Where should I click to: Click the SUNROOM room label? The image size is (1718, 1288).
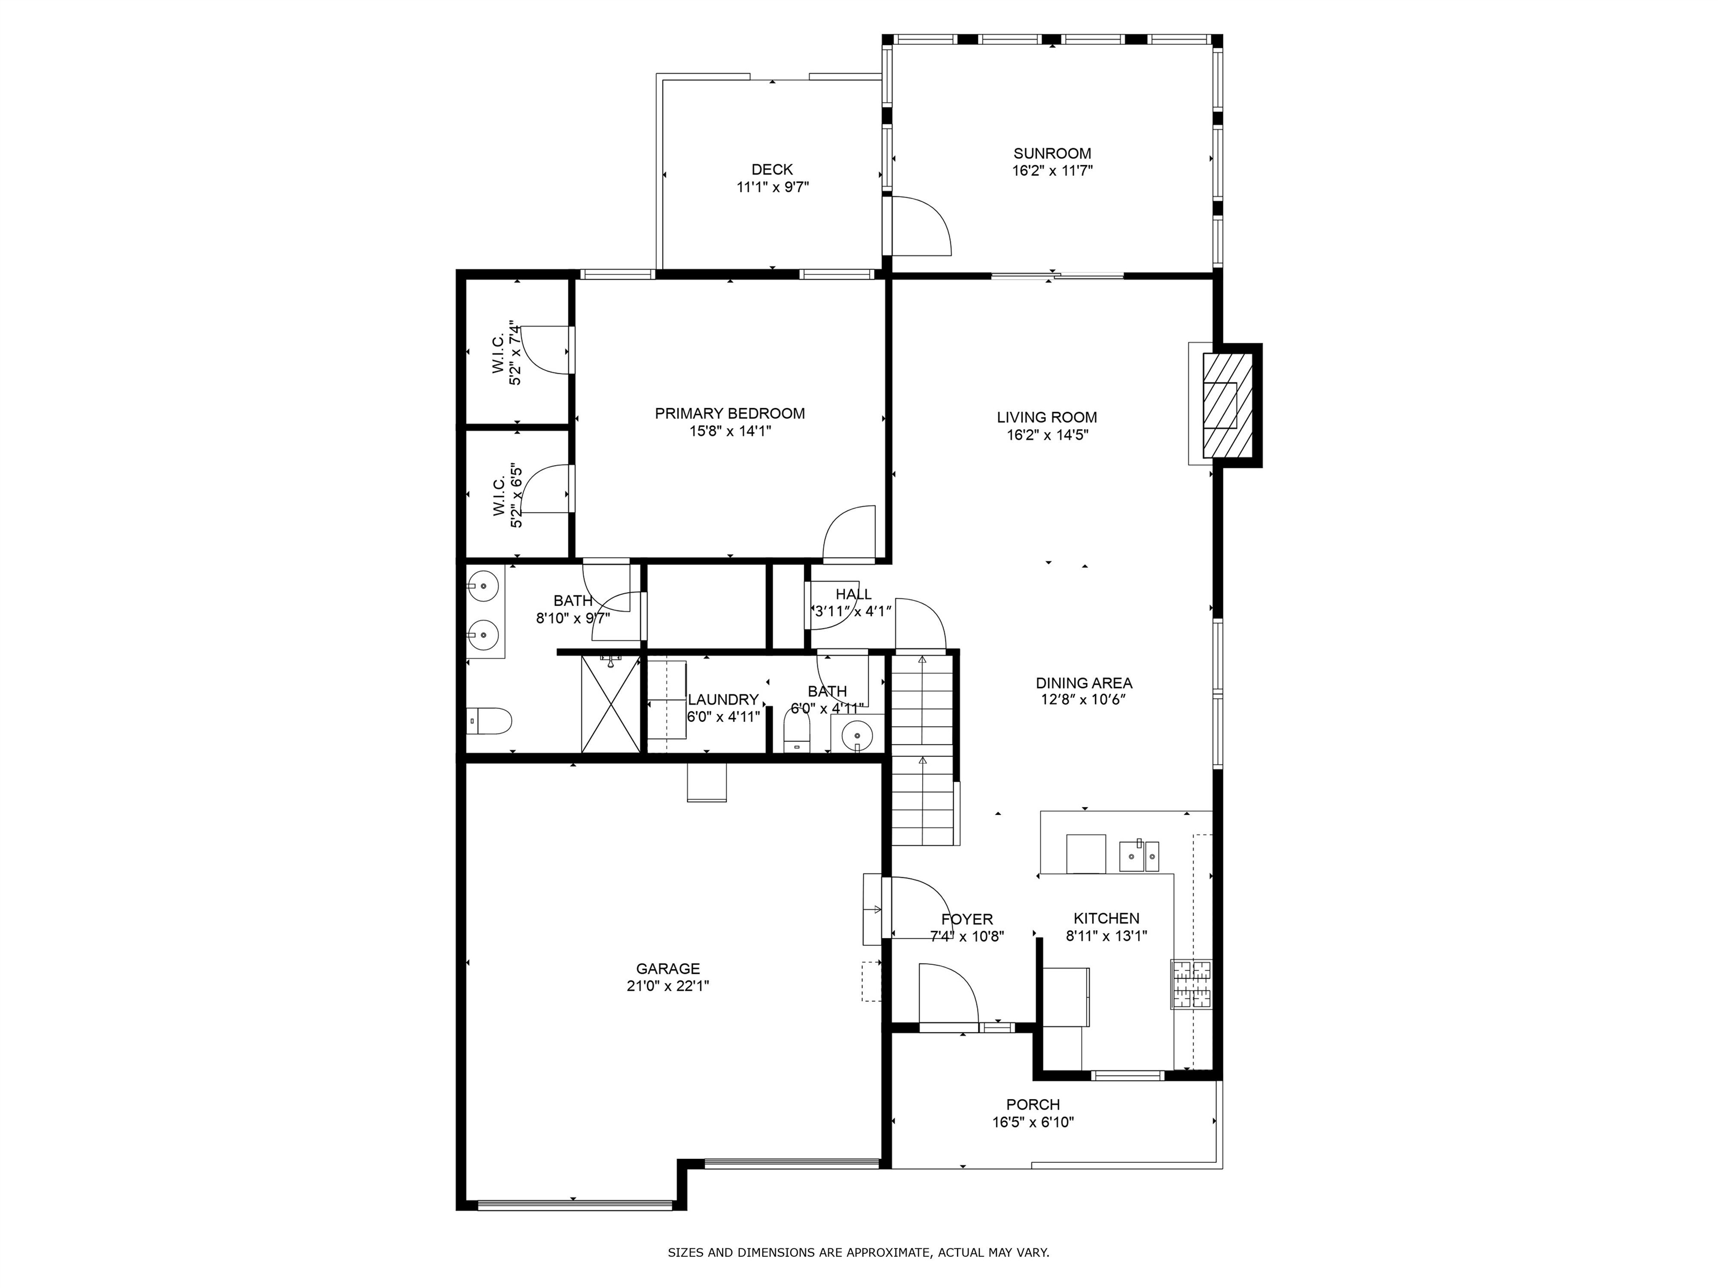[1051, 154]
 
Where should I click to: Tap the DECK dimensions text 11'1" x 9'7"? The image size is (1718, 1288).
[773, 187]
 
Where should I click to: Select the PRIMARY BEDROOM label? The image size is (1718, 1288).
[730, 414]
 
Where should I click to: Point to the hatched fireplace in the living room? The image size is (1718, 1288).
[1227, 405]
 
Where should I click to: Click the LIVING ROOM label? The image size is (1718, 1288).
[1047, 418]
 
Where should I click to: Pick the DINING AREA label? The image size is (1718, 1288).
[1084, 683]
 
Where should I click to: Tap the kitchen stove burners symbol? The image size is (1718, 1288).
[1191, 984]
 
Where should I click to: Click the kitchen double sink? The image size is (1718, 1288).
[1139, 856]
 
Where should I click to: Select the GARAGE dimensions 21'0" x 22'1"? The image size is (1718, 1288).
[668, 986]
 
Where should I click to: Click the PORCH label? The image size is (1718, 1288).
[1033, 1105]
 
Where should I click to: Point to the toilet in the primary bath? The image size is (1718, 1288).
[489, 721]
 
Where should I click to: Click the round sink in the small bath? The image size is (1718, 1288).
[857, 733]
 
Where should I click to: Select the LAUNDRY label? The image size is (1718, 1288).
[723, 699]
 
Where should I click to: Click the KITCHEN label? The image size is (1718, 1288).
[1107, 918]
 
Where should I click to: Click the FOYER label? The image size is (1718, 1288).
[967, 919]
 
